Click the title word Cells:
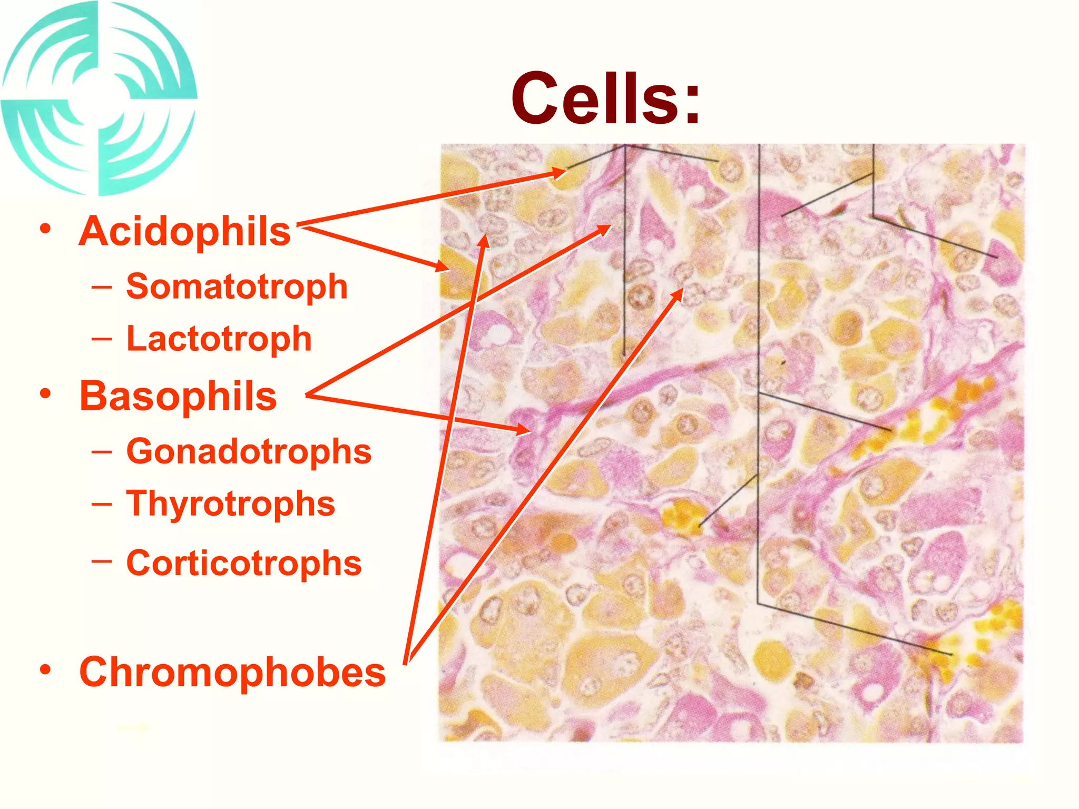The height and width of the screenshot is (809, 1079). click(x=606, y=99)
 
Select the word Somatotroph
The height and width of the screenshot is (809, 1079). click(x=237, y=287)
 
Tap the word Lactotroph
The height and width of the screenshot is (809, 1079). click(x=219, y=339)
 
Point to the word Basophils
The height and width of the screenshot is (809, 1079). click(x=178, y=397)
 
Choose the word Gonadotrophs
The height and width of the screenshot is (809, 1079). click(x=249, y=452)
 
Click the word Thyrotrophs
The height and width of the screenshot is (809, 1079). click(x=230, y=504)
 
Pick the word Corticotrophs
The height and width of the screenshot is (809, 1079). click(x=244, y=564)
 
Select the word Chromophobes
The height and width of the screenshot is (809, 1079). click(x=232, y=673)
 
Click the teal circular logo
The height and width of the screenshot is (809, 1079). click(x=99, y=98)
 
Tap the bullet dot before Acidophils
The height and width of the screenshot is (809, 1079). click(x=46, y=229)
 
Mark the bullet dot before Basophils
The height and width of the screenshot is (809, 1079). click(x=46, y=393)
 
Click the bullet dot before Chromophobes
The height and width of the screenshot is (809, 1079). click(x=46, y=669)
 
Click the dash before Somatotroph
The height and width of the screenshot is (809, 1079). click(x=101, y=288)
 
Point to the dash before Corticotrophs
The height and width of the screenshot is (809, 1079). click(x=101, y=561)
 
